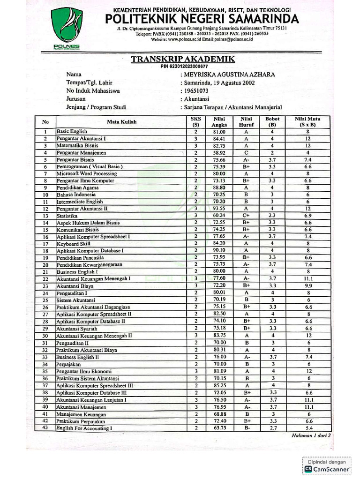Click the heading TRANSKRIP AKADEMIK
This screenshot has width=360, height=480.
tap(183, 59)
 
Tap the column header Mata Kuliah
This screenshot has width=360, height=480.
tap(121, 122)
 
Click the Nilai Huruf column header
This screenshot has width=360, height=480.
tap(246, 122)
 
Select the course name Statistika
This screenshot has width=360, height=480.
tap(68, 216)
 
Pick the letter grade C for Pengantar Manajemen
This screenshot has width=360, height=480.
tap(246, 153)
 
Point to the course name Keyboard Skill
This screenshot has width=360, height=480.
tap(74, 244)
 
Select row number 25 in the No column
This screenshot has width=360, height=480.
tap(45, 300)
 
